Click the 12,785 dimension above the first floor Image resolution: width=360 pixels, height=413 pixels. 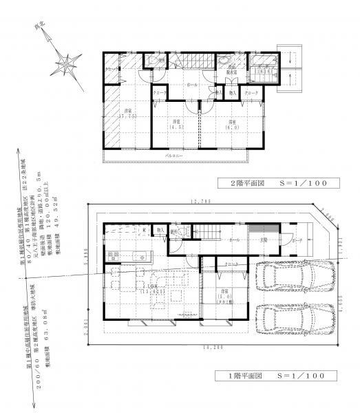point(200,202)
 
